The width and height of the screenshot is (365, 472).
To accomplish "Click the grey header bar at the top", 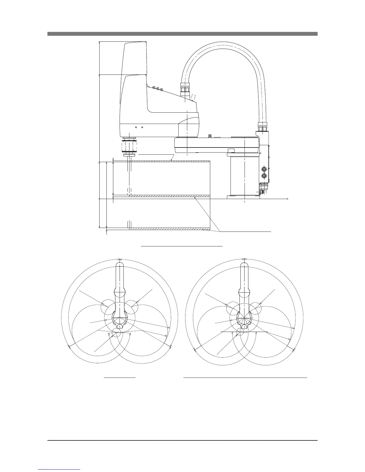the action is point(182,34).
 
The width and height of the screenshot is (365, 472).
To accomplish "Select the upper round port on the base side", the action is point(264,169).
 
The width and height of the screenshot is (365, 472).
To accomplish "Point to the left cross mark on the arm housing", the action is point(136,127).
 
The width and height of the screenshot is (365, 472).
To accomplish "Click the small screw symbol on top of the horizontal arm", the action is point(210,136).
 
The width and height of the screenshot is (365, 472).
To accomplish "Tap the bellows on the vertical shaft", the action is point(129,146).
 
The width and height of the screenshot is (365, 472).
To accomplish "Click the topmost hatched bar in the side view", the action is point(170,161).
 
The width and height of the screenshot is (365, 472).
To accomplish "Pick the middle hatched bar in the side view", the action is point(170,196).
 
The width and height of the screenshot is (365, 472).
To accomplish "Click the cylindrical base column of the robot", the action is point(245,176).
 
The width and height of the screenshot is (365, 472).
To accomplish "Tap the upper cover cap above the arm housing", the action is point(135,58).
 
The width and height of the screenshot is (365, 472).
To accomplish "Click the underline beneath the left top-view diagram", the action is point(120,378).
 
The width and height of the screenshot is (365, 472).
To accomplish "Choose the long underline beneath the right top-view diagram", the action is point(245,378).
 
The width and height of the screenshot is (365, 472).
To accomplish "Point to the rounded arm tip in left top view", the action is point(119,265).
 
